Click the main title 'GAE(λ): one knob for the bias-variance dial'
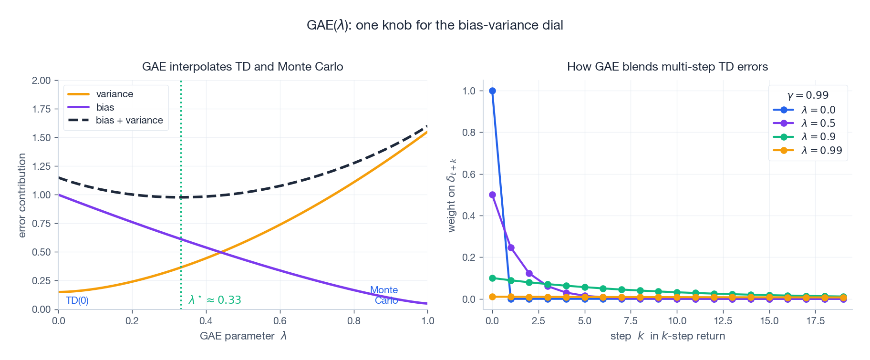tap(435, 25)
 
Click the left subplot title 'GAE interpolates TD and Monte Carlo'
tap(242, 67)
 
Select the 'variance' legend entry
tap(114, 94)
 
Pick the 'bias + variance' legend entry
tap(129, 120)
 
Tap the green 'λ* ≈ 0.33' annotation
tap(215, 300)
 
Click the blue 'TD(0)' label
tap(77, 300)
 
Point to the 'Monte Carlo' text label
tap(384, 295)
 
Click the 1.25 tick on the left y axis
tap(41, 166)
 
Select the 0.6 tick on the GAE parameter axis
tap(280, 321)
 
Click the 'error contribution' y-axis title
tap(22, 195)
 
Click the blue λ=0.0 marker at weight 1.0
tap(492, 91)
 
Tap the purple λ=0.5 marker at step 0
tap(492, 195)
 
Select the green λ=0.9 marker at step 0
tap(492, 278)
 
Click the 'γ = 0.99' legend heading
tap(808, 95)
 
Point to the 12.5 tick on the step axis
tap(723, 321)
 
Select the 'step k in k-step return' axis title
tap(667, 336)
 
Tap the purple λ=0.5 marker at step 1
tap(511, 247)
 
